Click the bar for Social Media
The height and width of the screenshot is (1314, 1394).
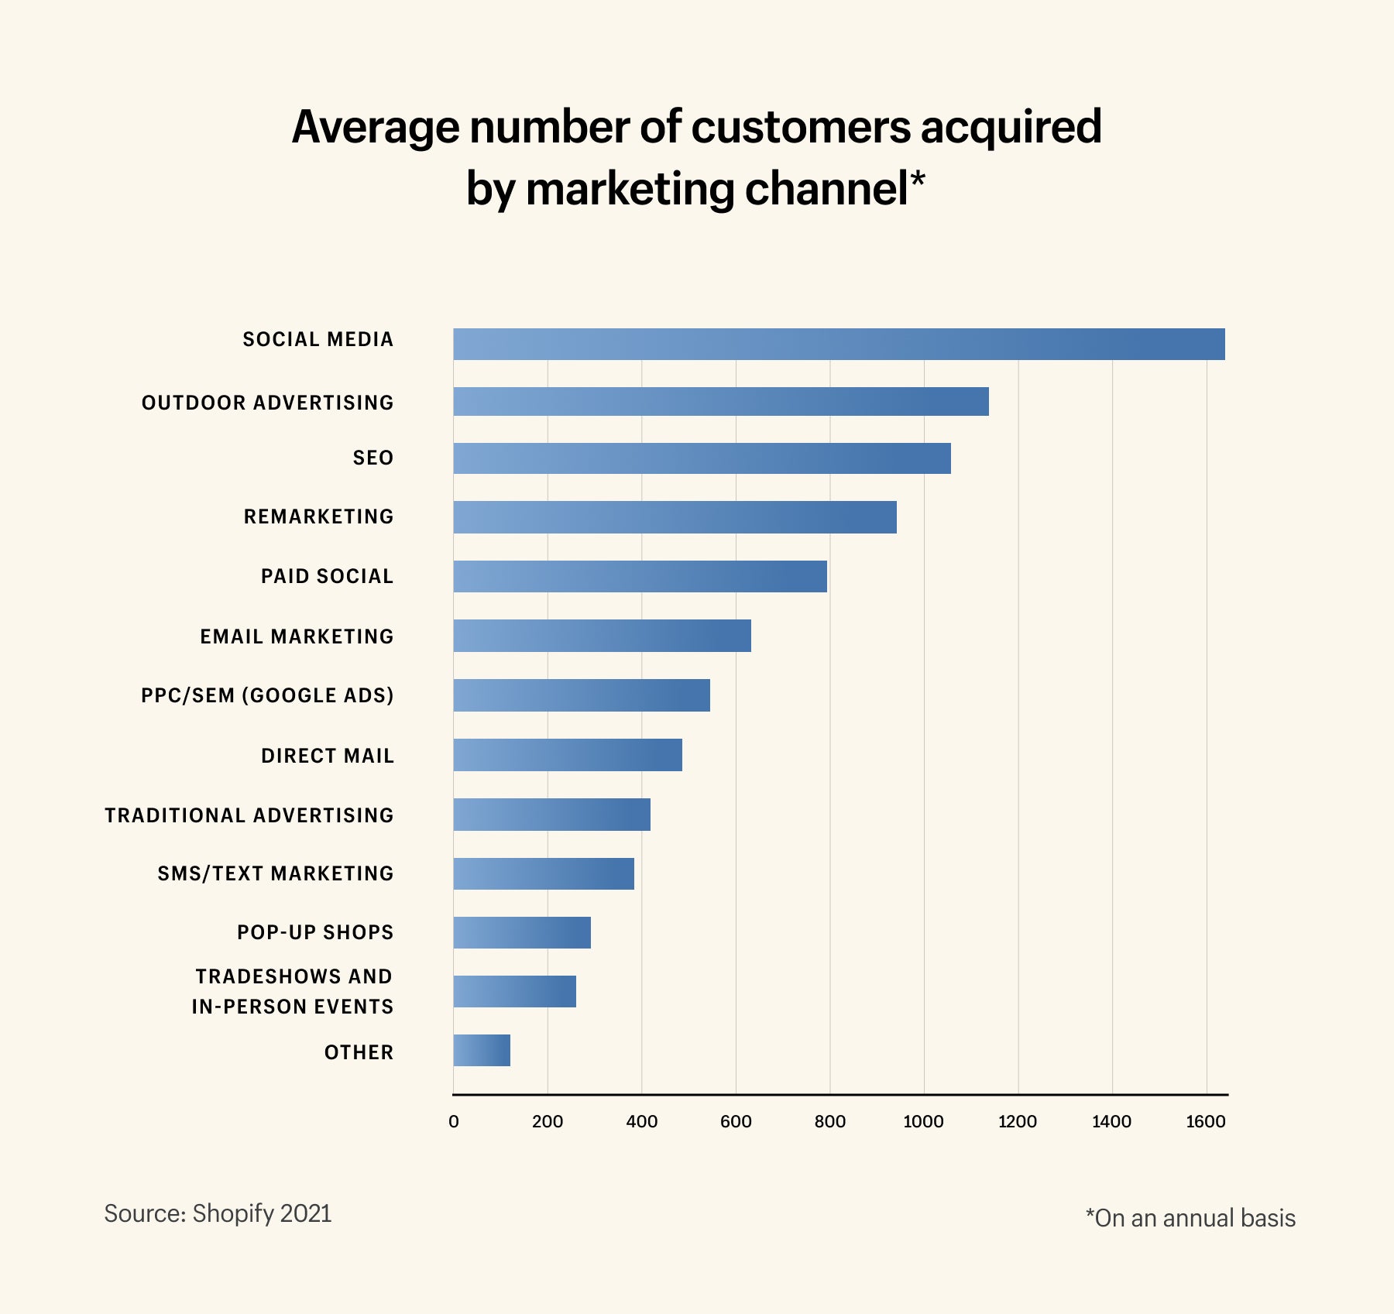[839, 344]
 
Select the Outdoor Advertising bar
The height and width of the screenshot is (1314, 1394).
[720, 401]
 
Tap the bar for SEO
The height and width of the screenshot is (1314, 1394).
[702, 458]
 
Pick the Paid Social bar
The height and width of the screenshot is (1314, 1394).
[640, 576]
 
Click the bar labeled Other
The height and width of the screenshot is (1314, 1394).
[482, 1050]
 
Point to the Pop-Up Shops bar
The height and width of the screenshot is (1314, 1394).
[522, 932]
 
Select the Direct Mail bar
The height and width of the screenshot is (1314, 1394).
[568, 754]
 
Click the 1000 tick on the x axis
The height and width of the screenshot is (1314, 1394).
[923, 1121]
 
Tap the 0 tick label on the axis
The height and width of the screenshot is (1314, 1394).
[454, 1121]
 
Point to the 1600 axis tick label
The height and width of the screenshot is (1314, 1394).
[1205, 1121]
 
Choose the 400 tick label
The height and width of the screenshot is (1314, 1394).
[641, 1121]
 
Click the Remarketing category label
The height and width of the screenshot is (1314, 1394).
[318, 516]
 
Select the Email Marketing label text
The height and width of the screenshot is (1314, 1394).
[297, 636]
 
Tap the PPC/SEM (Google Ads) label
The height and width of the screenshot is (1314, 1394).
[267, 695]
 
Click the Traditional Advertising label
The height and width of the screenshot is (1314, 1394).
[249, 815]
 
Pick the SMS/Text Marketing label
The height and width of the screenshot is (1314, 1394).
[276, 873]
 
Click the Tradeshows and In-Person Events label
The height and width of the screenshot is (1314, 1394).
[293, 991]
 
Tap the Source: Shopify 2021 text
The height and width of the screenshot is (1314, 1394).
[218, 1213]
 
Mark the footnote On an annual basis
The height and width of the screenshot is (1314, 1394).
[1190, 1218]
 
